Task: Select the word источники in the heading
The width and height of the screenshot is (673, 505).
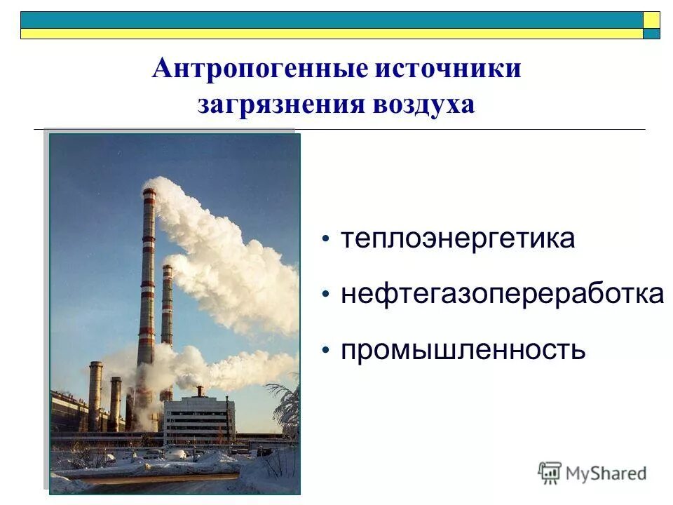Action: click(449, 69)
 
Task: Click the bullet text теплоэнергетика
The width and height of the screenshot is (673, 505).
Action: click(458, 238)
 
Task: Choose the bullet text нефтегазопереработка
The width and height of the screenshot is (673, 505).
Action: click(502, 294)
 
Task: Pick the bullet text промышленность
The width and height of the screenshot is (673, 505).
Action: click(463, 349)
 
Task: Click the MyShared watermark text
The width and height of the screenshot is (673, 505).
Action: click(606, 473)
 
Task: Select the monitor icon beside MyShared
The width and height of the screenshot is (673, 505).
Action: click(550, 473)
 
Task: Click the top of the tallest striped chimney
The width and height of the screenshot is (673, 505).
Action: click(149, 191)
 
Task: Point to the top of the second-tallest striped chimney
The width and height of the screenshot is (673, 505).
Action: click(167, 267)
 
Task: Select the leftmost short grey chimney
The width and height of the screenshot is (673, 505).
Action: click(95, 393)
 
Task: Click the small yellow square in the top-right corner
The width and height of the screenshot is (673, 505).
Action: click(651, 20)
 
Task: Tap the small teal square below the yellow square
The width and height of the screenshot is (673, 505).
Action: click(651, 34)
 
